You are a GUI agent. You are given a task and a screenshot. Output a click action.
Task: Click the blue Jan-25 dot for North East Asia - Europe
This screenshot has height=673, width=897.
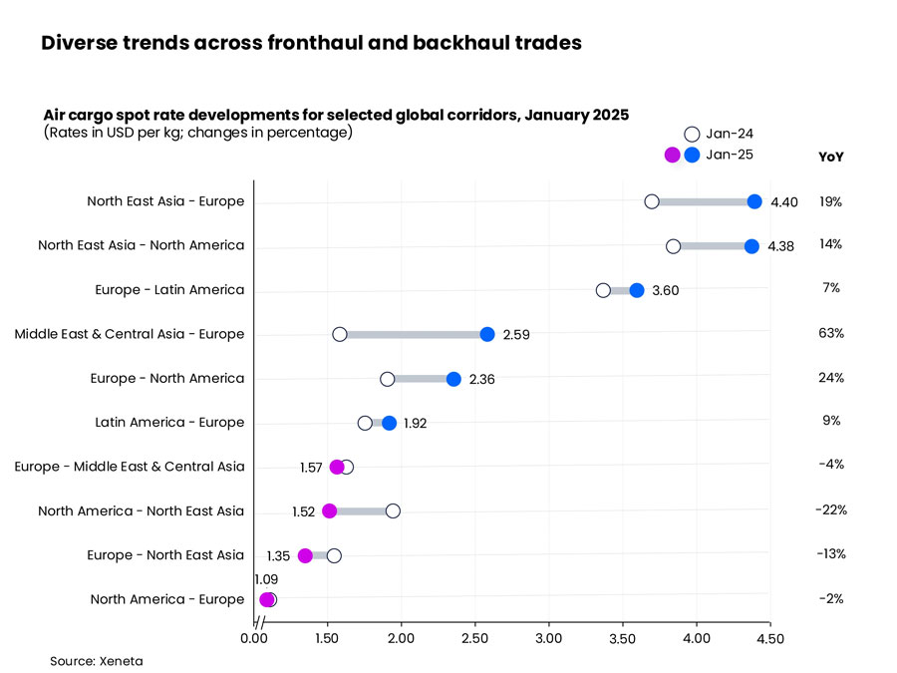(x=754, y=201)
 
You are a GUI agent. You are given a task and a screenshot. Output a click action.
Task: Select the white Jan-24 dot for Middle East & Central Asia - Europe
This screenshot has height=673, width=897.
(x=340, y=334)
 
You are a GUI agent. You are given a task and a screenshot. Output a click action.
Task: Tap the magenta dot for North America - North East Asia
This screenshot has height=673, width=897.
(x=330, y=510)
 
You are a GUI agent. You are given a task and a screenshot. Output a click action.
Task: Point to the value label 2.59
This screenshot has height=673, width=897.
(x=516, y=335)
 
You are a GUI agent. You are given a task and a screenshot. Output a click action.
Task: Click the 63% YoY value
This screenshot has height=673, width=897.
(x=830, y=333)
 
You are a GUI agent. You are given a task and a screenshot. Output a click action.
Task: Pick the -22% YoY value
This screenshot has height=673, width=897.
(x=830, y=509)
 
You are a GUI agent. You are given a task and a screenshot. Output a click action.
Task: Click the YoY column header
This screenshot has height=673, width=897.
(x=830, y=157)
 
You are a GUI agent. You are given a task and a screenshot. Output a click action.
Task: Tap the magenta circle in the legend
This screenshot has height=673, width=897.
(x=673, y=155)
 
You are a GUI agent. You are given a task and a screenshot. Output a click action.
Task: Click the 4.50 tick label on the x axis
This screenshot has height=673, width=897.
(x=769, y=638)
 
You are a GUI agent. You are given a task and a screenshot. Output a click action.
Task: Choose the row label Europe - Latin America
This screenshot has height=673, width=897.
(x=168, y=290)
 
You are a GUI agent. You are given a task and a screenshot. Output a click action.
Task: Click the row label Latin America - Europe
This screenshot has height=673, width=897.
(x=169, y=423)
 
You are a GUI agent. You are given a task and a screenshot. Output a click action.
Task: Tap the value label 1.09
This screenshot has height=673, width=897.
(x=266, y=578)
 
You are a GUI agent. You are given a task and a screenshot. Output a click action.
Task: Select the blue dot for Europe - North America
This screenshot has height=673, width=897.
(x=453, y=379)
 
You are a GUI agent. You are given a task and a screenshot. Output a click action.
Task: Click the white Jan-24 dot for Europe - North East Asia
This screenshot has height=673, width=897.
(x=334, y=555)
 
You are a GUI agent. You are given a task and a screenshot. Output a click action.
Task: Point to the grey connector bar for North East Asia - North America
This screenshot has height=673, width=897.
(x=712, y=246)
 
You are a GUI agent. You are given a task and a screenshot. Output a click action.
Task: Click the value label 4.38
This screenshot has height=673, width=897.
(x=780, y=246)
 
